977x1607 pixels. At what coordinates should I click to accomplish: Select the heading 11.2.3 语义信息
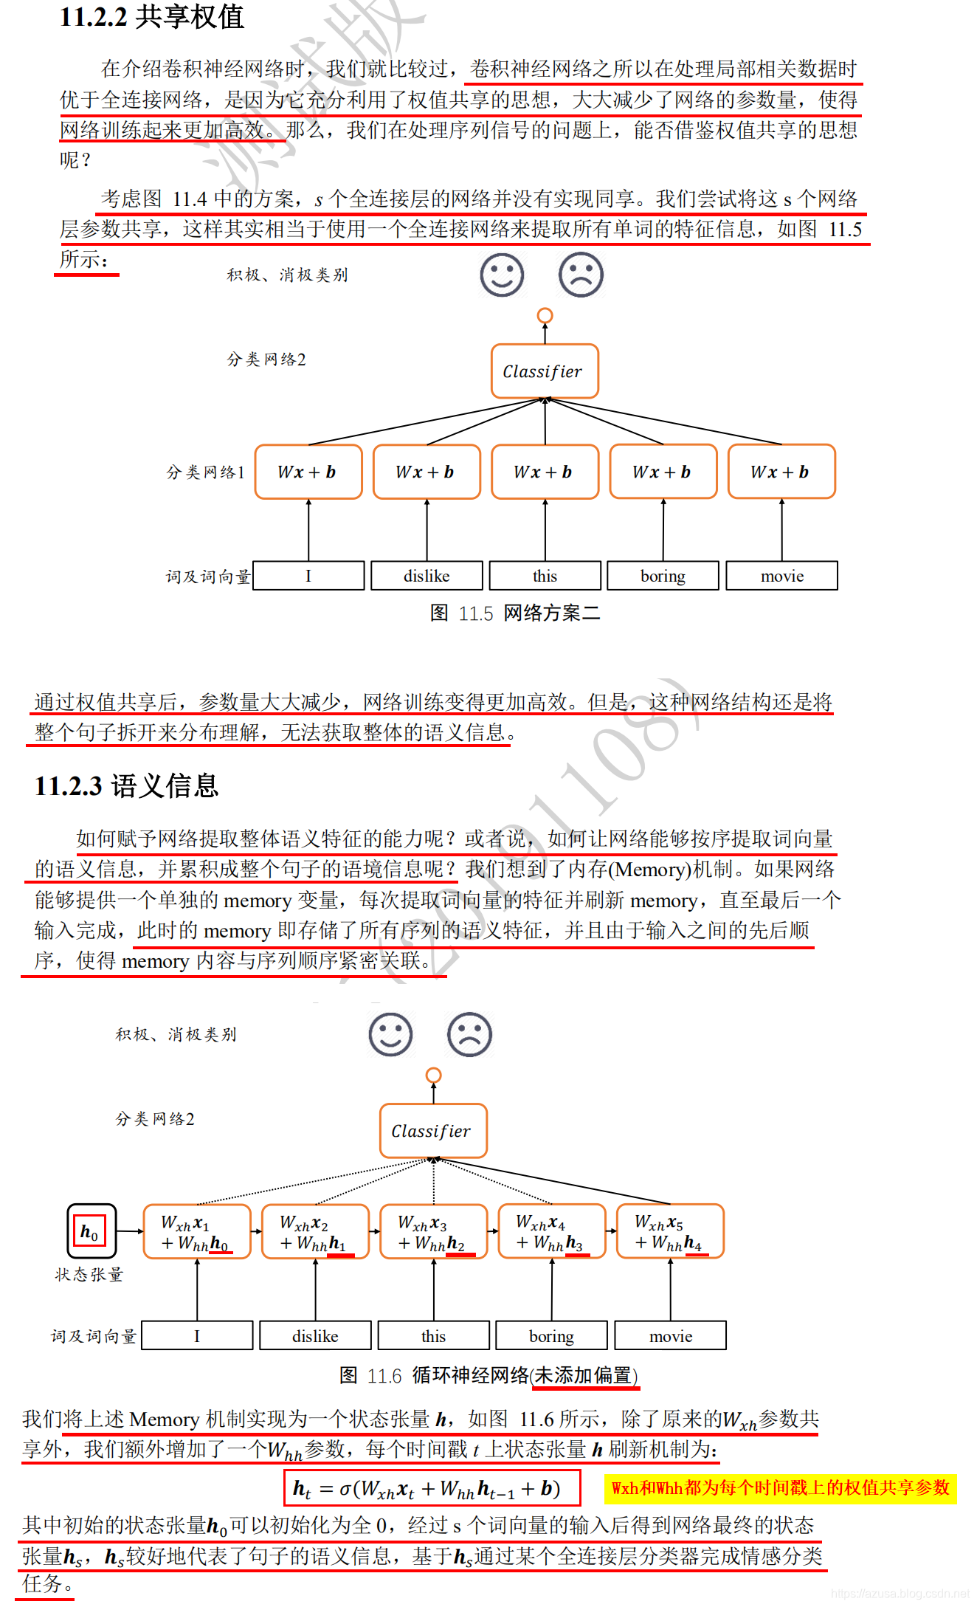click(126, 786)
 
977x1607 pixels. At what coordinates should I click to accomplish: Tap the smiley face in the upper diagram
click(502, 275)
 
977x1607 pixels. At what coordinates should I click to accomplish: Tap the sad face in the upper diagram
click(581, 275)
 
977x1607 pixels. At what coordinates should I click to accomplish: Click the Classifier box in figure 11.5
click(545, 371)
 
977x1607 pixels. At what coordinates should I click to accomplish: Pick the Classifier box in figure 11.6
click(433, 1131)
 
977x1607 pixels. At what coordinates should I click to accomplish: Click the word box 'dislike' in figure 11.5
click(427, 576)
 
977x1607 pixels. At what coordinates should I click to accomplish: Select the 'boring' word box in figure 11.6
click(551, 1336)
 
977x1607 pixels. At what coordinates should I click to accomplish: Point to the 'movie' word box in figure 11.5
click(781, 576)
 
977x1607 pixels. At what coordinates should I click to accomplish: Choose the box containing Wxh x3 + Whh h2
click(433, 1232)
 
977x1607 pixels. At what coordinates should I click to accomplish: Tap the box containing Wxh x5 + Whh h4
click(670, 1232)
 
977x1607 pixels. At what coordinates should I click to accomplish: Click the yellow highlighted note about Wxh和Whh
click(780, 1487)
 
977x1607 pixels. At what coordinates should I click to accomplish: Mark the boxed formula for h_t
click(432, 1488)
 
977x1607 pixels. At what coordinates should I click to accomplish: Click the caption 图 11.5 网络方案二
click(515, 613)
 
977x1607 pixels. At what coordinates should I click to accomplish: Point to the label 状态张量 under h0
click(89, 1275)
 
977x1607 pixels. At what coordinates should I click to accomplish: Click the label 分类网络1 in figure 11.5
click(205, 472)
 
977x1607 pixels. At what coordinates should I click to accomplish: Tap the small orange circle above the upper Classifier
click(545, 316)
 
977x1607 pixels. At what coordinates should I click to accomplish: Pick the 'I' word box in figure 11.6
click(197, 1336)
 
